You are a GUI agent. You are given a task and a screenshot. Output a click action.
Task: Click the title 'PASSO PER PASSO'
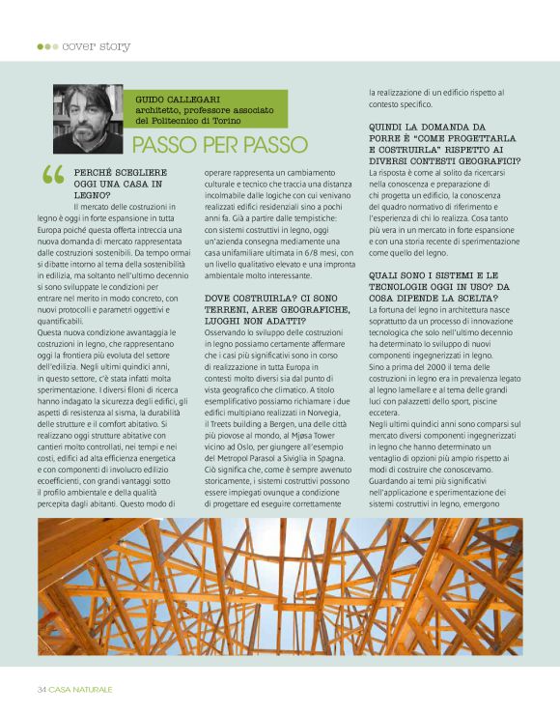pyautogui.click(x=219, y=145)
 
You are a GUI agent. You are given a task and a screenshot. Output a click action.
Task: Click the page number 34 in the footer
pyautogui.click(x=42, y=689)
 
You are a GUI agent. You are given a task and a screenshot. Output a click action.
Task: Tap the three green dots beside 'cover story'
pyautogui.click(x=47, y=45)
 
